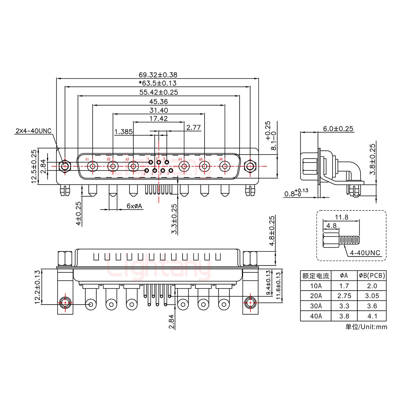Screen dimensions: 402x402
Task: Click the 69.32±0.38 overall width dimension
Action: click(x=158, y=75)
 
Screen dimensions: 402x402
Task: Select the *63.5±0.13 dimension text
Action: click(x=158, y=83)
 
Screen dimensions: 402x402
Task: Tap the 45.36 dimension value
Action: click(x=158, y=102)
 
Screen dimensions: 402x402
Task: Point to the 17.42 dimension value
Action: click(x=158, y=119)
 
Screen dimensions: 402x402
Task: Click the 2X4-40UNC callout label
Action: click(x=33, y=131)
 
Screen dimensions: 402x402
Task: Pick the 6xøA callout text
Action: click(x=134, y=206)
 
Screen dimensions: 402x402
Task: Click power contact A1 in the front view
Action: click(x=92, y=167)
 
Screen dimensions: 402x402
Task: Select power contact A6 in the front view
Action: click(x=224, y=167)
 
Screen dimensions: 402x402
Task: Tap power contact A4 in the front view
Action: click(x=184, y=167)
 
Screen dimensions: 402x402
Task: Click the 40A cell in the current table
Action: click(x=315, y=316)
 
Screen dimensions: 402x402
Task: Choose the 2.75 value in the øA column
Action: click(x=344, y=296)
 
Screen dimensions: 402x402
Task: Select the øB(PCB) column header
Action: click(x=372, y=276)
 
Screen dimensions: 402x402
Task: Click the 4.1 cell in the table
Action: click(x=372, y=316)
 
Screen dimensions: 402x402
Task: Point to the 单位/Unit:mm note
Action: click(x=366, y=327)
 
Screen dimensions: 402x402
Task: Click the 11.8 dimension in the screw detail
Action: click(x=341, y=217)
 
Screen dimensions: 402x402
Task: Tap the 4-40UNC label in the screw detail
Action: click(x=365, y=253)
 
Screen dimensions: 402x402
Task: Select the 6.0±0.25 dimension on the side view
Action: click(x=338, y=129)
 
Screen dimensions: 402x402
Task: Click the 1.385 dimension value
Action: click(x=123, y=131)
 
